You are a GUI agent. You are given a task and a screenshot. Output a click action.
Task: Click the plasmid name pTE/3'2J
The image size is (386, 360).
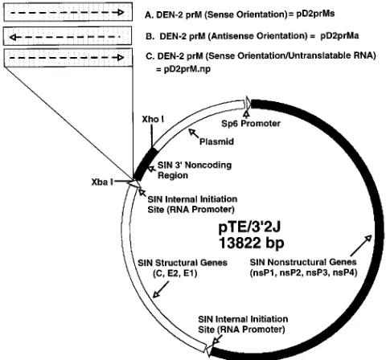pyautogui.click(x=249, y=227)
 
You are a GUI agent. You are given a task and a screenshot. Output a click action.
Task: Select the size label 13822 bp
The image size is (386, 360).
pyautogui.click(x=251, y=243)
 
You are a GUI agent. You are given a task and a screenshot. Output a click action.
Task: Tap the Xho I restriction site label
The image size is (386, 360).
pyautogui.click(x=153, y=119)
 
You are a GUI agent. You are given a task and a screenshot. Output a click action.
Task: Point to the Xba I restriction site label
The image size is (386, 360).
pyautogui.click(x=102, y=182)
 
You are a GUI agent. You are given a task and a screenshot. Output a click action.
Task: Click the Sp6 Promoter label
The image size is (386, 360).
pyautogui.click(x=251, y=123)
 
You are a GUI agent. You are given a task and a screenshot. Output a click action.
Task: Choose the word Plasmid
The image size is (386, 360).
pyautogui.click(x=216, y=141)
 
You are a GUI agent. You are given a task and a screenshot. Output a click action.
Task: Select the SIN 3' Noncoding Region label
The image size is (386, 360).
pyautogui.click(x=195, y=170)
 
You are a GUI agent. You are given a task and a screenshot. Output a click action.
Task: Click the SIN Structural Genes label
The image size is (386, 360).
pyautogui.click(x=183, y=268)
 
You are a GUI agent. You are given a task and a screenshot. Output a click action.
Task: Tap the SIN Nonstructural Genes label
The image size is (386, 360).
pyautogui.click(x=303, y=268)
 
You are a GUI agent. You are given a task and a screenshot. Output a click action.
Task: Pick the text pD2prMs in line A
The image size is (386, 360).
pyautogui.click(x=315, y=14)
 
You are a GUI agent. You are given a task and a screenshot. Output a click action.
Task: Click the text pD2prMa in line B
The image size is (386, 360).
pyautogui.click(x=339, y=35)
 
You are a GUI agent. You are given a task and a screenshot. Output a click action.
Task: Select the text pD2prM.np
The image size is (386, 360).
pyautogui.click(x=187, y=69)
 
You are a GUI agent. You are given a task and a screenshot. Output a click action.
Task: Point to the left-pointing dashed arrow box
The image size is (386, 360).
pyautogui.click(x=68, y=36)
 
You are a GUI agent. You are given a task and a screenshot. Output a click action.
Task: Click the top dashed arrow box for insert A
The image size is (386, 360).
pyautogui.click(x=68, y=12)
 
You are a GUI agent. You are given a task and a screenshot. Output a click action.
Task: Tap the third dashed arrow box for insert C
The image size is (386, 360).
pyautogui.click(x=68, y=58)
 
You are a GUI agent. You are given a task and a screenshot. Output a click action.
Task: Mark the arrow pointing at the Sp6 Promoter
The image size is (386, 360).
pyautogui.click(x=246, y=114)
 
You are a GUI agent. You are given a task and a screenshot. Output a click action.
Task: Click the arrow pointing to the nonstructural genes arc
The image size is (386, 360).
pyautogui.click(x=361, y=246)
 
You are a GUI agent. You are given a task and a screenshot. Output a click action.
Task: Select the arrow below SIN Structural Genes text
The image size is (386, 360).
pyautogui.click(x=161, y=289)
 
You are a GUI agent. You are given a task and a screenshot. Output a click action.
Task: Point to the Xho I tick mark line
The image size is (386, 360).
pyautogui.click(x=152, y=135)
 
